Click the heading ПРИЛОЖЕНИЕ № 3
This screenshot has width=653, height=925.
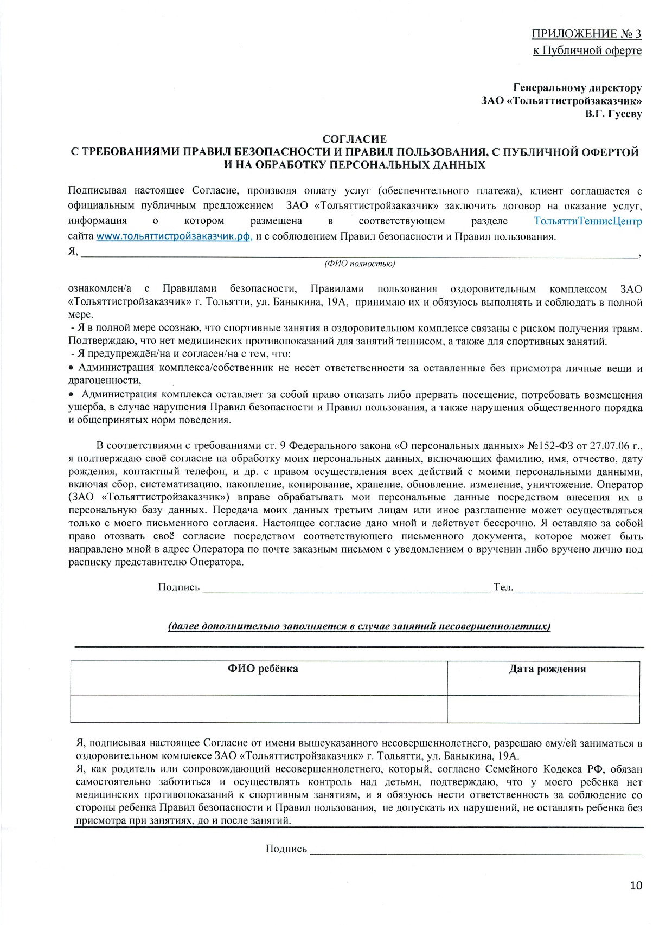[586, 34]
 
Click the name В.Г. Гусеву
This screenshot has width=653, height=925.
[613, 114]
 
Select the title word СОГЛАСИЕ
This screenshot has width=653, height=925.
[355, 139]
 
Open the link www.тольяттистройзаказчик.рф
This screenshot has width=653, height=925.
[174, 236]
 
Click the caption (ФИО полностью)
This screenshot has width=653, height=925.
[360, 264]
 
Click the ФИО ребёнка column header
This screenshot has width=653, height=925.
[263, 669]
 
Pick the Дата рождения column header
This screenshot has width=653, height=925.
[547, 669]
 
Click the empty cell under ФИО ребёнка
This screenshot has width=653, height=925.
[259, 709]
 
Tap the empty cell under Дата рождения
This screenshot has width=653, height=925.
[543, 709]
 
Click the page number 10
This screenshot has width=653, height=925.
[636, 885]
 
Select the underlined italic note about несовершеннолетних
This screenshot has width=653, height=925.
[359, 627]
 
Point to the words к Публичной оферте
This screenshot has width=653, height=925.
[587, 51]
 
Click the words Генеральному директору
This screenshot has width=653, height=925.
[577, 88]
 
